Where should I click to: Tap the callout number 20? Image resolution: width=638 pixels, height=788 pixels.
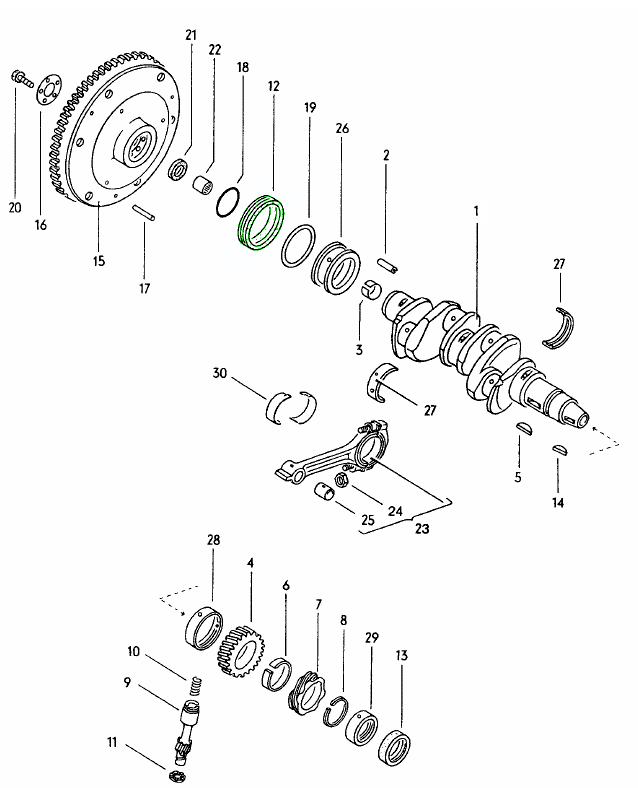(14, 208)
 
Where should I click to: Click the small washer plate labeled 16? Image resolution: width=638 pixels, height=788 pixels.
(44, 95)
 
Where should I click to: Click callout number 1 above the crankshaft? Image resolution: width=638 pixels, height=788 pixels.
(477, 212)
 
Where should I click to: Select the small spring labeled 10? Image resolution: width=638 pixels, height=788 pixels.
(197, 687)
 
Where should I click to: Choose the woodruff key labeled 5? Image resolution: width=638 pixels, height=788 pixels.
(521, 429)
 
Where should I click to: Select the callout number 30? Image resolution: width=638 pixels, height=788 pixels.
(220, 374)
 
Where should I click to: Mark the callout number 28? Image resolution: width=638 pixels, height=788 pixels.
(213, 540)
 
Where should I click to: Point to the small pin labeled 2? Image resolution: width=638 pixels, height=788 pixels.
(389, 266)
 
